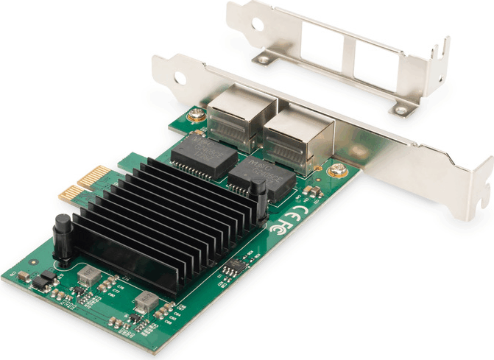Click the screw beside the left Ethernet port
[195, 115]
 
